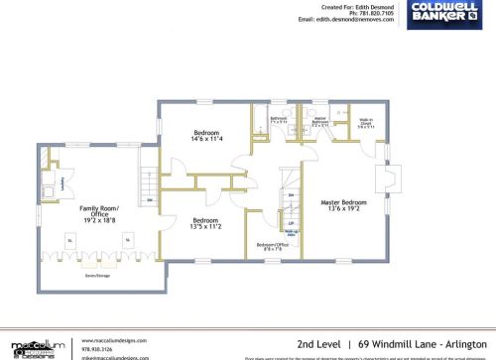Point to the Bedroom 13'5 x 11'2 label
[206, 223]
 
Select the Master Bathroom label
[318, 123]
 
